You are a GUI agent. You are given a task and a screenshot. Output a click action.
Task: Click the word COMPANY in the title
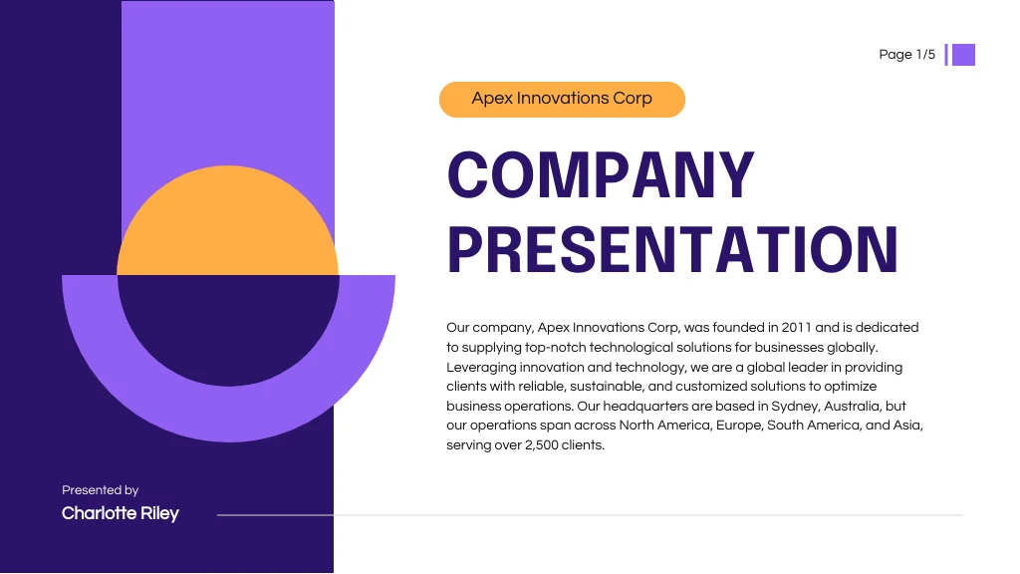tap(601, 175)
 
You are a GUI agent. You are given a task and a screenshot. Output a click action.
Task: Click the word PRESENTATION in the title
tap(673, 250)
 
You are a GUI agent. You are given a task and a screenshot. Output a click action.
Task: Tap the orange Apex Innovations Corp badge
tap(562, 99)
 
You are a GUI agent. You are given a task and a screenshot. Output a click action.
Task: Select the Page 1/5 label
tap(906, 55)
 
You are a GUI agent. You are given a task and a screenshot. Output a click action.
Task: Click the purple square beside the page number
tap(963, 55)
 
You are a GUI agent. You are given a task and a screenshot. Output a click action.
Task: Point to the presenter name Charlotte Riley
tap(121, 513)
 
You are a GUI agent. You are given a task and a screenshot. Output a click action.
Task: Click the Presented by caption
tap(100, 490)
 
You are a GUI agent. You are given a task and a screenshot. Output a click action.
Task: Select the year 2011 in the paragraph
tap(797, 327)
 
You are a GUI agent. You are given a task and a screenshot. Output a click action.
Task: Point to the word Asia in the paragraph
tap(907, 426)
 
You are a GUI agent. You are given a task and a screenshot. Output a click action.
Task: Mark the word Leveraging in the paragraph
tap(481, 367)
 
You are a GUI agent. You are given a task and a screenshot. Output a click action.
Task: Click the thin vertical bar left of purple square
tap(946, 55)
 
